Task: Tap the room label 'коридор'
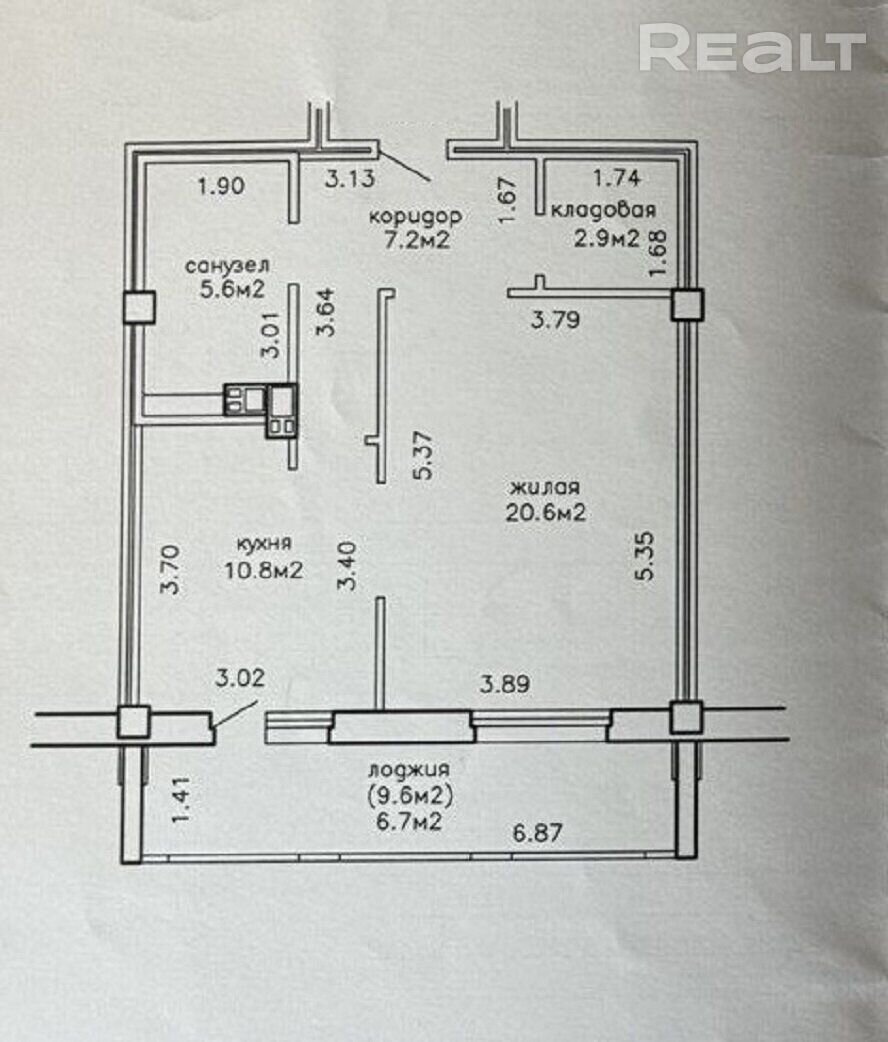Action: click(x=415, y=216)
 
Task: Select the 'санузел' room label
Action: click(x=227, y=266)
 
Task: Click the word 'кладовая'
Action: click(x=604, y=210)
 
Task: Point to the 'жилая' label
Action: click(x=545, y=487)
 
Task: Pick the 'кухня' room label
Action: click(x=264, y=544)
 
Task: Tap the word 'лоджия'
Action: click(x=409, y=770)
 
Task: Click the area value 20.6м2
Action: click(x=546, y=512)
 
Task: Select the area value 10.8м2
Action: click(x=264, y=570)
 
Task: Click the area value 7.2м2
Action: click(x=417, y=239)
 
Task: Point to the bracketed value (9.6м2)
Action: click(x=409, y=795)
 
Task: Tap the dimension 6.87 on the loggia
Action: click(x=538, y=832)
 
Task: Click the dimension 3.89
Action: click(x=505, y=683)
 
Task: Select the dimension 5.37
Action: click(x=423, y=456)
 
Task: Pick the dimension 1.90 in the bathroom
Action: click(x=221, y=185)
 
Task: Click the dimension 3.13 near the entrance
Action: click(x=350, y=178)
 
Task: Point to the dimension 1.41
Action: click(x=181, y=799)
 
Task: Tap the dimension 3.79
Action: click(x=556, y=320)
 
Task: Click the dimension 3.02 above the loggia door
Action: click(x=240, y=678)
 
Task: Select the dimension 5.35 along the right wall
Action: click(x=645, y=557)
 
